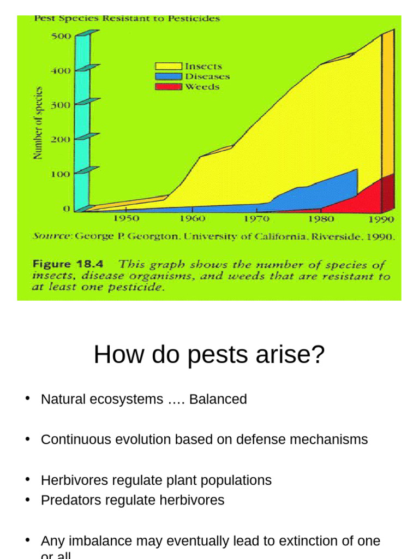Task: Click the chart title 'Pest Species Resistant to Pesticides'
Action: pos(127,19)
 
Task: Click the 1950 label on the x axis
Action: pos(126,219)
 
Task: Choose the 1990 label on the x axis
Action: pos(381,219)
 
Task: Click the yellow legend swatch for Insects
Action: pos(169,67)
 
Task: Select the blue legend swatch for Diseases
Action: pos(169,77)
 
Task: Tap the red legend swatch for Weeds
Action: pos(169,87)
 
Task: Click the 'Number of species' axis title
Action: pos(38,123)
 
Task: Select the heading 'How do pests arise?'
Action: pos(209,355)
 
